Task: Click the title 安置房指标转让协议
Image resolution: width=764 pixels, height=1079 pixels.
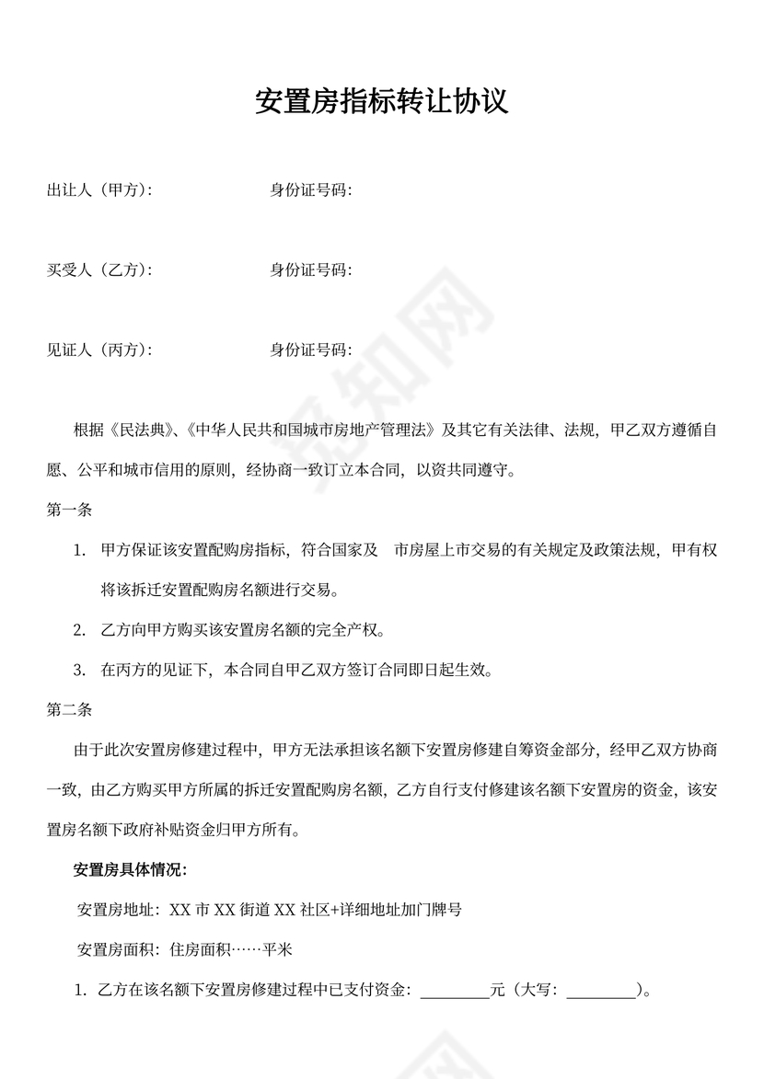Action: tap(382, 102)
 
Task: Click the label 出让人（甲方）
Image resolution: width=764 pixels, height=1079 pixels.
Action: tap(98, 190)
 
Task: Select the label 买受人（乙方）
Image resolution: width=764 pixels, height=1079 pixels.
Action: tap(98, 270)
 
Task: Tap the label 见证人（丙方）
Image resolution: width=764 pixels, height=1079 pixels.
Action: tap(98, 350)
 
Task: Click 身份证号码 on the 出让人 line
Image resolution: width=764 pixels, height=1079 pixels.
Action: tap(310, 190)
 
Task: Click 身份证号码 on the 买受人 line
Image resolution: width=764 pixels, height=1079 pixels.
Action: tap(310, 270)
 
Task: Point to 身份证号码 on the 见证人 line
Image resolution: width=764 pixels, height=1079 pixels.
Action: tap(310, 350)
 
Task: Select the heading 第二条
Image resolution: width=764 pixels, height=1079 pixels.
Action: tap(68, 710)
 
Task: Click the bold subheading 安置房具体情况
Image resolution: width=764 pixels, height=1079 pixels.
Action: tap(130, 870)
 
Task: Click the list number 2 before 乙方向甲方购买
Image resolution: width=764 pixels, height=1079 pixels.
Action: tap(79, 630)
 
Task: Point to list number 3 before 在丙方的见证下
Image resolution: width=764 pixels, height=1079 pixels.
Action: tap(79, 671)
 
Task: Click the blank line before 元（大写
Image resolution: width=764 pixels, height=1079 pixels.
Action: tap(455, 992)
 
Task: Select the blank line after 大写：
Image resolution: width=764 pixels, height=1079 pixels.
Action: tap(601, 992)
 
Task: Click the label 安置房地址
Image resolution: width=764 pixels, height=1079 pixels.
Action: tap(120, 911)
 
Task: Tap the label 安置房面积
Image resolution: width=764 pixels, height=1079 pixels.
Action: tap(120, 950)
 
